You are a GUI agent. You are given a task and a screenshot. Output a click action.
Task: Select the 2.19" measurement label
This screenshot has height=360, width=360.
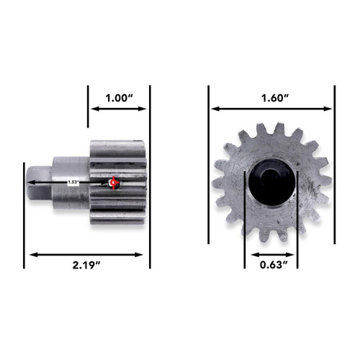86,267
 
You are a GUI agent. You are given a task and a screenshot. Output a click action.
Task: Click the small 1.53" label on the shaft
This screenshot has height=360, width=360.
73,182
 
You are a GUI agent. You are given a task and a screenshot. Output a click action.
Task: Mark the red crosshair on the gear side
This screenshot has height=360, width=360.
114,183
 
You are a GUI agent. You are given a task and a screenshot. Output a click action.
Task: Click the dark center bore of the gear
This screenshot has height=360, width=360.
271,184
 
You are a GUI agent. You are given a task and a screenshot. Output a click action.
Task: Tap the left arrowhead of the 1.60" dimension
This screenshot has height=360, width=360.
213,109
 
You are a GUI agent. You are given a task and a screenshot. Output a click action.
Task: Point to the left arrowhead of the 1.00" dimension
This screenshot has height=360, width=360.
92,109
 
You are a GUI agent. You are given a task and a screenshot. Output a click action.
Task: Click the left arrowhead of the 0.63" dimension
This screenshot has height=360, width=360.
248,253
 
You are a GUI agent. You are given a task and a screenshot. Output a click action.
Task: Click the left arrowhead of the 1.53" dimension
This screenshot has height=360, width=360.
29,183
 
